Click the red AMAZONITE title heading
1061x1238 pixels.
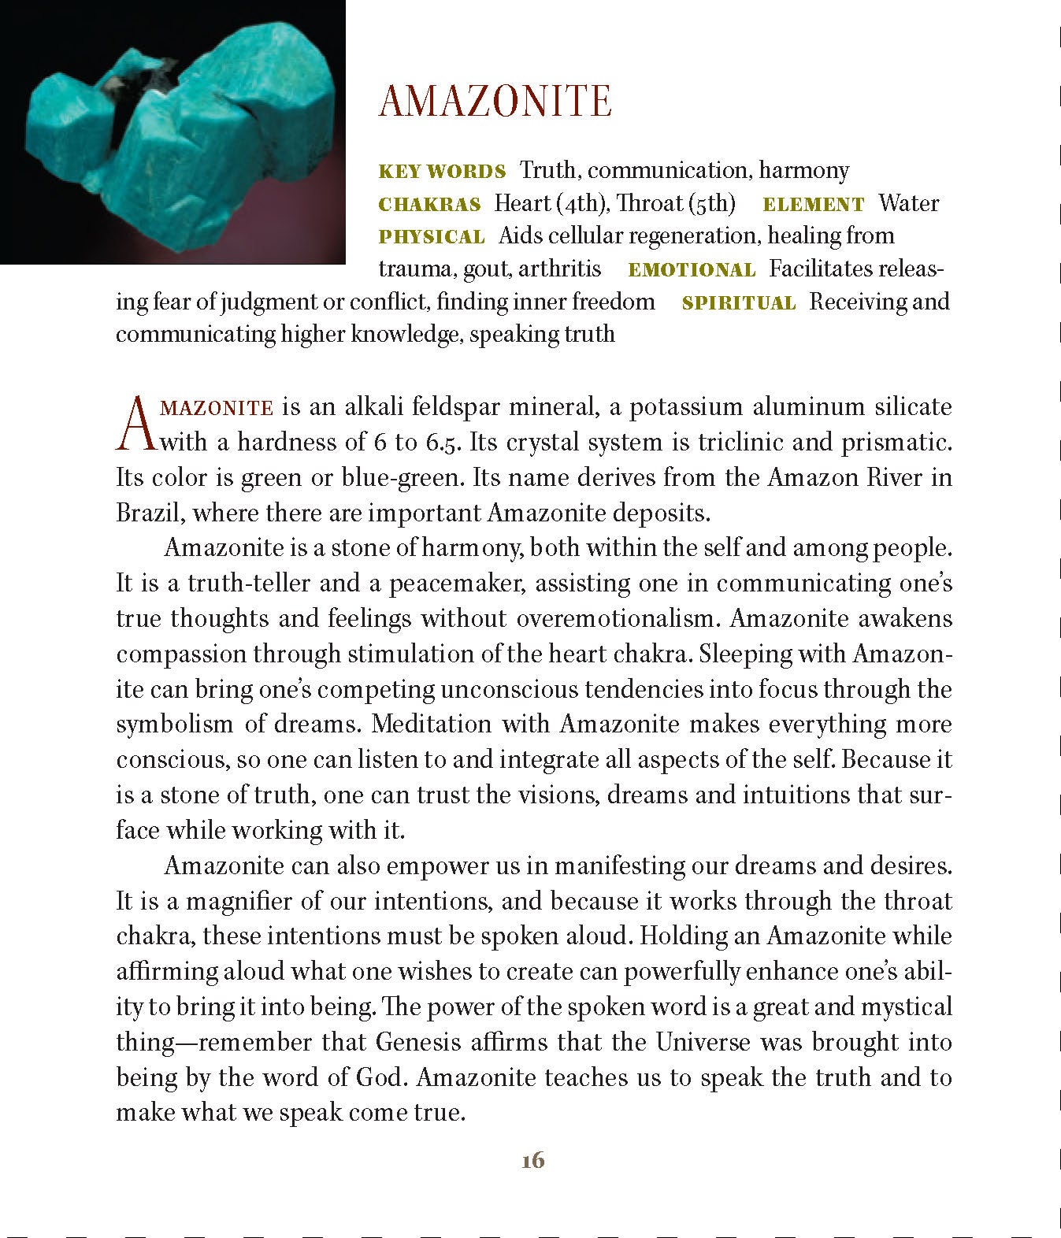coord(495,102)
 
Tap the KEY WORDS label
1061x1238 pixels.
coord(442,172)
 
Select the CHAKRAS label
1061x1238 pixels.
coord(429,205)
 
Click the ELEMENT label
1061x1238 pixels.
coord(813,205)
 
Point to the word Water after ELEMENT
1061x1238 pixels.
coord(909,203)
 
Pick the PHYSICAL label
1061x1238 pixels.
coord(432,237)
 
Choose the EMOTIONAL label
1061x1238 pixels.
coord(692,270)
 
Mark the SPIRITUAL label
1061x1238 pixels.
coord(739,303)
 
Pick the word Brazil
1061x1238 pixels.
coord(150,513)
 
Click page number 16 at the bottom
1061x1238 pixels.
coord(532,1161)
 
